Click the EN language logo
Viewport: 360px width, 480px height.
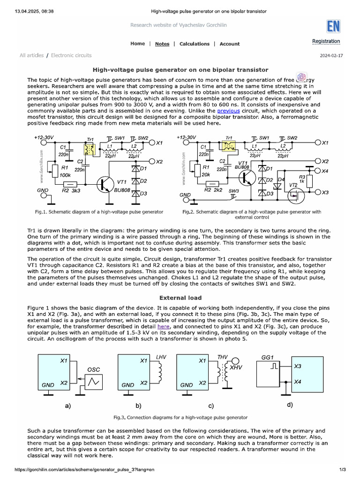click(x=333, y=26)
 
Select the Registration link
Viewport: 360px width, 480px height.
click(x=326, y=41)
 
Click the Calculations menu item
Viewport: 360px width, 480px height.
click(x=195, y=44)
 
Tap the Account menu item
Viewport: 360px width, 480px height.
click(x=230, y=44)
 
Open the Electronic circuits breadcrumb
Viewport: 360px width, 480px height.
click(x=71, y=55)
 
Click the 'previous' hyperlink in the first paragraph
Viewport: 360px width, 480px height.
click(x=228, y=111)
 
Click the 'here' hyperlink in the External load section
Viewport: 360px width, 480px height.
click(x=163, y=326)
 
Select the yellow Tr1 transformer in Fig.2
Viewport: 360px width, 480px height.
click(x=229, y=146)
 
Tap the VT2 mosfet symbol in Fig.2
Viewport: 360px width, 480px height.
click(x=296, y=195)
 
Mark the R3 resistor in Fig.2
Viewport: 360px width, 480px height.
click(x=309, y=181)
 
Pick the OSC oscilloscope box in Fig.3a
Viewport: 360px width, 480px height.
click(x=94, y=382)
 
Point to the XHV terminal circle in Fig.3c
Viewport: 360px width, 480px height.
click(x=236, y=361)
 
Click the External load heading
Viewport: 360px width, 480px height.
click(x=180, y=298)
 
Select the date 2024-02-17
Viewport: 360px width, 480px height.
click(x=331, y=56)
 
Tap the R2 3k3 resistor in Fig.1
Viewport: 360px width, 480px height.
click(x=70, y=184)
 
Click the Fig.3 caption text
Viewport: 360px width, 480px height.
click(x=180, y=418)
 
